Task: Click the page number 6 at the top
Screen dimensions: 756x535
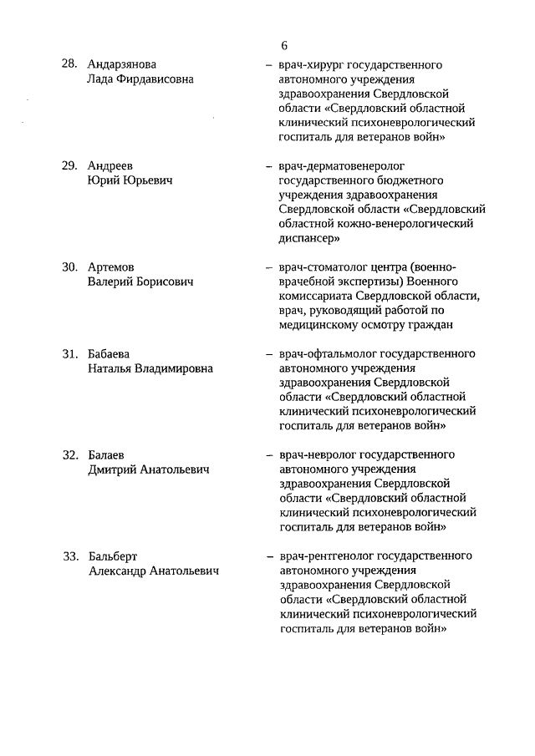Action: [284, 45]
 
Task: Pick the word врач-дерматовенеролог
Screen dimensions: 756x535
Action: [335, 166]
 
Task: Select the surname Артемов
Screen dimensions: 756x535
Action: [111, 267]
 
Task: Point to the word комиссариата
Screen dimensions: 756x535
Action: [315, 296]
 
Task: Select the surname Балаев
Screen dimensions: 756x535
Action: [106, 455]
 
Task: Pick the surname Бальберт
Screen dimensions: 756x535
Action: [113, 556]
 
